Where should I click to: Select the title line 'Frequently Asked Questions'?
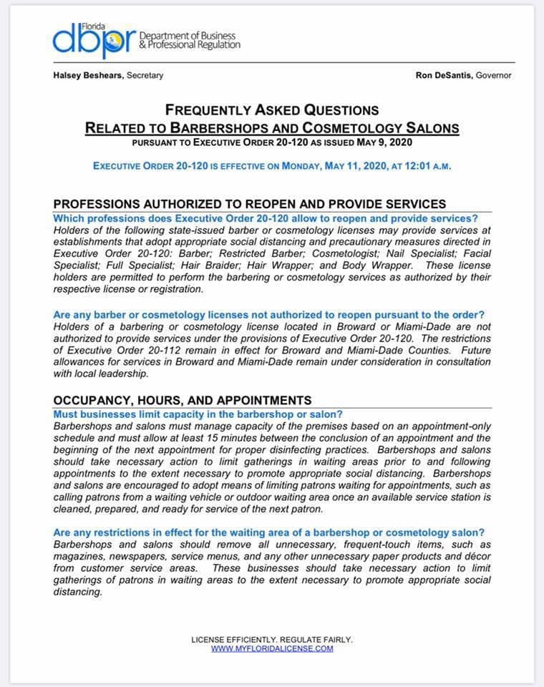272,110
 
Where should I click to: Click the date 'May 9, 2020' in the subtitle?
393,142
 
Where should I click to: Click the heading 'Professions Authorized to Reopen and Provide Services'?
250,204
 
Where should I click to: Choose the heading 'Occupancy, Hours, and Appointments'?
183,399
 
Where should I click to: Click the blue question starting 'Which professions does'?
266,218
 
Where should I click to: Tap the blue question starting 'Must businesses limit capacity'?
198,414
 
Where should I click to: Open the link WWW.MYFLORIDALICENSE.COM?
272,648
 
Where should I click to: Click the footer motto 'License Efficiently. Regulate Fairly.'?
272,639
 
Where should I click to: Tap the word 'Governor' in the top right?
494,75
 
